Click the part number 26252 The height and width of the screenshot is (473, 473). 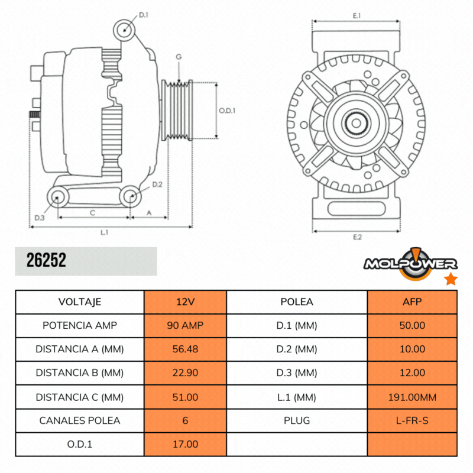point(46,261)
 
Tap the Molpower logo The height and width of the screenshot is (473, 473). point(410,263)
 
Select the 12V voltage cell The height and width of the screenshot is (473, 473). point(185,302)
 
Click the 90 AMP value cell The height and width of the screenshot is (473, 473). point(185,325)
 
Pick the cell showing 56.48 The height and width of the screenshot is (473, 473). point(185,349)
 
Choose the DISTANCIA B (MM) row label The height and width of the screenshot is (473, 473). point(80,372)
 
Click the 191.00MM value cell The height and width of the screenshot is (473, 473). point(412,397)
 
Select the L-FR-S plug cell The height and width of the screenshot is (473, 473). point(412,420)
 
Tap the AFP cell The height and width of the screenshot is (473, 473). point(412,302)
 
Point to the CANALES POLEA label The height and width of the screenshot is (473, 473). point(80,420)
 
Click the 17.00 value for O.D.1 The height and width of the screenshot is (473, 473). point(185,444)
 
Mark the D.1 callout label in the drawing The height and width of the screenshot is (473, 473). point(144,15)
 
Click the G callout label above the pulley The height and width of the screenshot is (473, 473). point(178,57)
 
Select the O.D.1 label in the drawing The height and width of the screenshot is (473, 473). point(227,110)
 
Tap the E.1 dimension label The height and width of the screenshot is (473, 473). point(357,16)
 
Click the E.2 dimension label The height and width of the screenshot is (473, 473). point(357,237)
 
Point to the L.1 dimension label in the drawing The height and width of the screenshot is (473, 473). point(104,232)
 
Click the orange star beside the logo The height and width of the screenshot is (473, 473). point(451,279)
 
